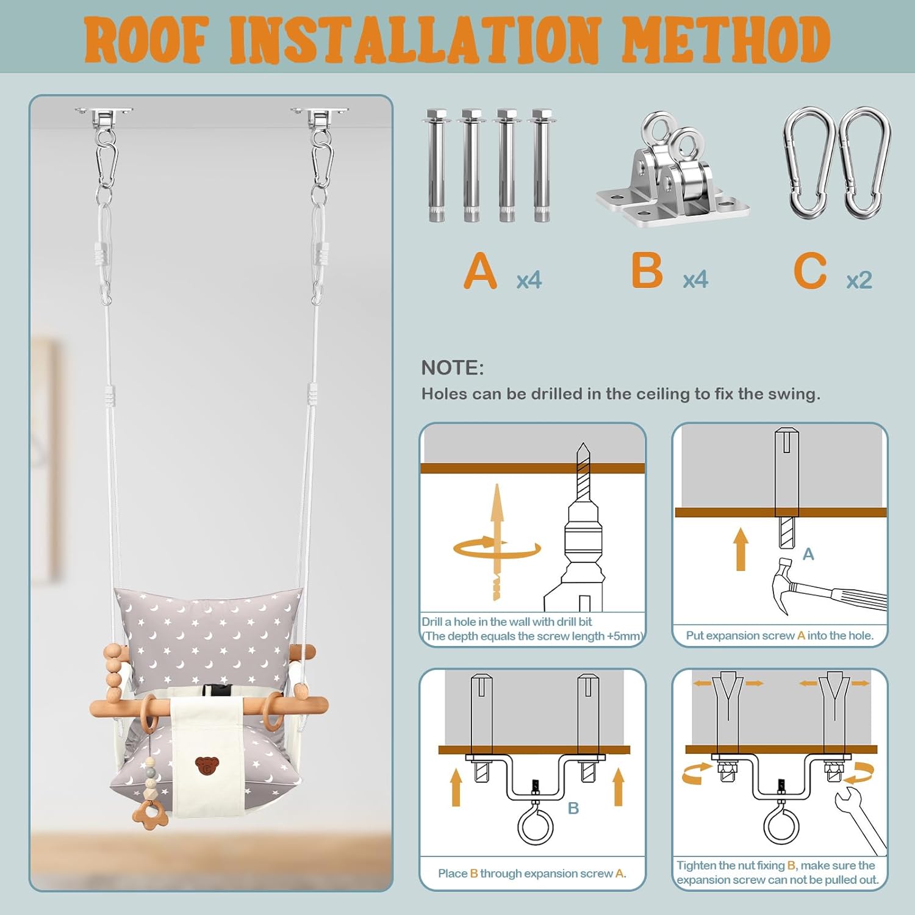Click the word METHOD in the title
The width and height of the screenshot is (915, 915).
(x=725, y=40)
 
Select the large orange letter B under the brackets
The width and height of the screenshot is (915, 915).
(x=647, y=271)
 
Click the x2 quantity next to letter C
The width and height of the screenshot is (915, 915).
(x=859, y=280)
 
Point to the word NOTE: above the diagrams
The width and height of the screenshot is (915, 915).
(x=452, y=368)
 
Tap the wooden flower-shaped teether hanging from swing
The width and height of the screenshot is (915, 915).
(x=148, y=814)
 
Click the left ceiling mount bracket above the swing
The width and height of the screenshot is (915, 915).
(x=104, y=116)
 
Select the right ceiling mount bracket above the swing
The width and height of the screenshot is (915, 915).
(x=320, y=116)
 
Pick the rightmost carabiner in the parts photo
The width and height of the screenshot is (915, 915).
(x=864, y=163)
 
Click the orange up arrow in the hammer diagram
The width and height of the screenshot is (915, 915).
(x=741, y=549)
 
